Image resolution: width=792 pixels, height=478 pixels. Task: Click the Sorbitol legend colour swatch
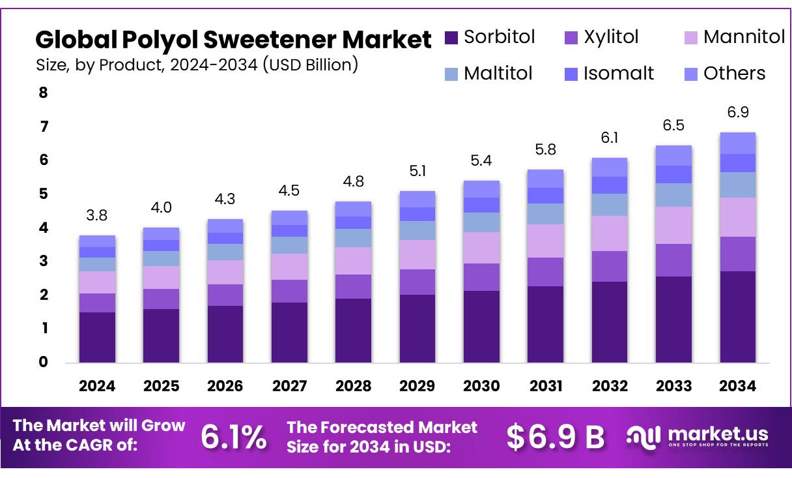click(x=452, y=38)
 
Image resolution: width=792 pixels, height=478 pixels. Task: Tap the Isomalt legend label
click(x=618, y=74)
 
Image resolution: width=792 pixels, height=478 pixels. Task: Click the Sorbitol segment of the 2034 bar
click(x=737, y=317)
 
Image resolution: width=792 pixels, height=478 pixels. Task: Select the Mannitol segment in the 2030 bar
click(x=481, y=248)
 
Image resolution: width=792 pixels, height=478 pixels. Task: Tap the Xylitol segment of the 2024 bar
click(x=97, y=303)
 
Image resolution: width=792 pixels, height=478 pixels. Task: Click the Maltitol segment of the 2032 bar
click(x=609, y=205)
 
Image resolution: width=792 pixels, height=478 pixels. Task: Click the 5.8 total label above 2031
click(x=545, y=149)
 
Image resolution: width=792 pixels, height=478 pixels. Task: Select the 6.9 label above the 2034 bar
click(x=737, y=113)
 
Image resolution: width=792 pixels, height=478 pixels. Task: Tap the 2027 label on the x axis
click(x=289, y=386)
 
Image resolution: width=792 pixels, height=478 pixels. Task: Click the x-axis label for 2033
click(x=673, y=386)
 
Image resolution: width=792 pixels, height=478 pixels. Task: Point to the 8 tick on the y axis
click(x=44, y=93)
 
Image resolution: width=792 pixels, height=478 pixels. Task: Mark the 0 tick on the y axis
click(x=44, y=362)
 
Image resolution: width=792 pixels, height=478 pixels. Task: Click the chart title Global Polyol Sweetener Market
click(x=233, y=40)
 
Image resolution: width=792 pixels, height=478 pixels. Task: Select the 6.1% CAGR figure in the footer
click(x=233, y=437)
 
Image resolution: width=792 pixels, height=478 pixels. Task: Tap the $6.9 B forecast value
click(x=556, y=437)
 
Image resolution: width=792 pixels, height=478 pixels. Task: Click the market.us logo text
click(x=717, y=434)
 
